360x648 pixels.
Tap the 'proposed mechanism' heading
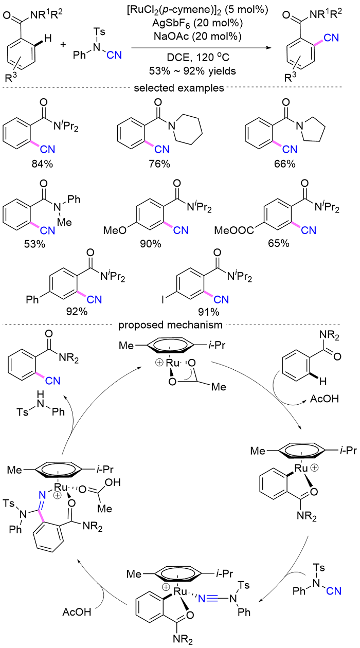click(178, 325)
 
